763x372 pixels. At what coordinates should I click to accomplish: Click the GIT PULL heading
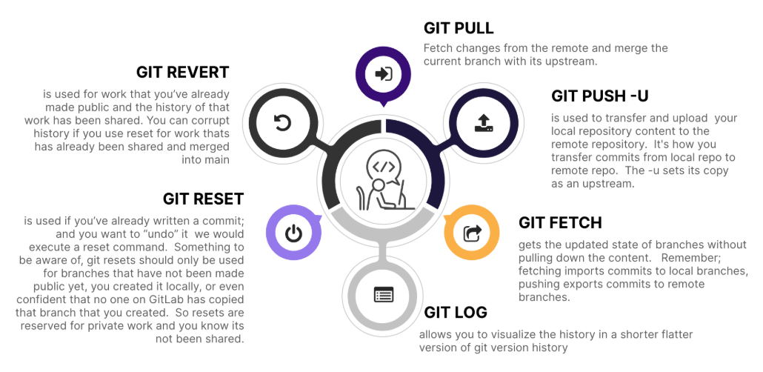[459, 28]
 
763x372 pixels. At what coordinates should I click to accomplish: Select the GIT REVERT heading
[182, 72]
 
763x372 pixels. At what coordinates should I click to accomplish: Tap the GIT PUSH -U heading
[600, 96]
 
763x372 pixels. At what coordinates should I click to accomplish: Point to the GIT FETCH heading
[560, 222]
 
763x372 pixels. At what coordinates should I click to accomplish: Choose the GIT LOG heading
[456, 312]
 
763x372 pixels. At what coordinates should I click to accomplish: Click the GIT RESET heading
[203, 199]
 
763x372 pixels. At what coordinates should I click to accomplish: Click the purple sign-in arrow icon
[384, 74]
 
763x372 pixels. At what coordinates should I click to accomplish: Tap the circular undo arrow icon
[282, 123]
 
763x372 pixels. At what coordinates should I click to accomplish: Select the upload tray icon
[483, 123]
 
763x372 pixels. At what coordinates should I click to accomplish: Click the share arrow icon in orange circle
[472, 233]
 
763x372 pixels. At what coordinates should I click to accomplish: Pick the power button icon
[294, 234]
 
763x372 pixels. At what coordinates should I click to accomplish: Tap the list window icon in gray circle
[383, 295]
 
